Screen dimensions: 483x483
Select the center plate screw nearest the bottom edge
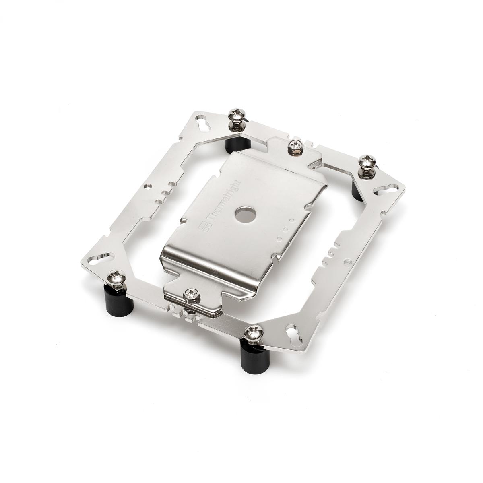point(190,295)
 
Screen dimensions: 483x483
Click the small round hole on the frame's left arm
point(151,186)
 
